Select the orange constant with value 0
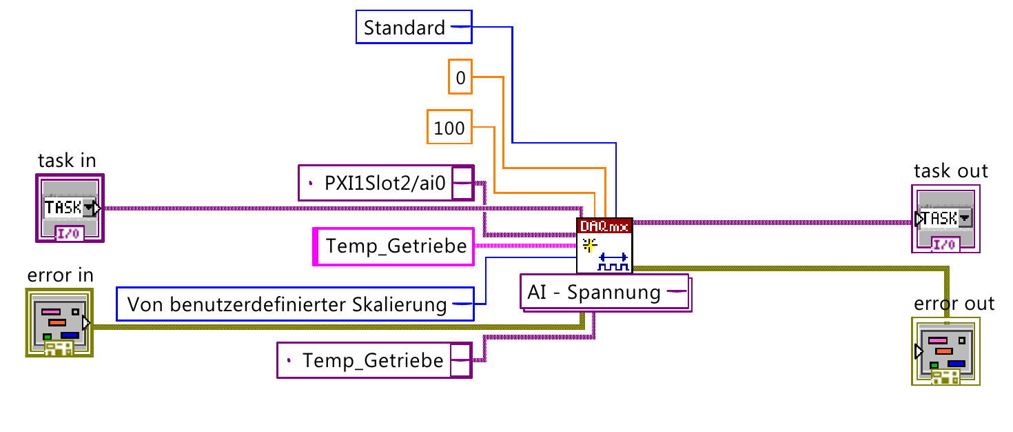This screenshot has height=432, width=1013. point(460,77)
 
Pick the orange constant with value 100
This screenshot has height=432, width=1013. point(449,127)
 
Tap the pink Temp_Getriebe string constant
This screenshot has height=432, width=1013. point(395,246)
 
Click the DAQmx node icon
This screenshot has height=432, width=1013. point(604,246)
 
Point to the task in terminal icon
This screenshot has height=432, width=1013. point(70,208)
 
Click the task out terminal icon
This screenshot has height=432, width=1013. point(945,219)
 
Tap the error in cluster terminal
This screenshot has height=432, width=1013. point(60,323)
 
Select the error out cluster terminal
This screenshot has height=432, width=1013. point(945,351)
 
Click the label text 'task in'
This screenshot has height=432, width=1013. point(67,161)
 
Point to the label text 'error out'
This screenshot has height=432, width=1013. point(954,304)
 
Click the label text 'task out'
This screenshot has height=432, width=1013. point(950,171)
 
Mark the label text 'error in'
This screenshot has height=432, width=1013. point(60,276)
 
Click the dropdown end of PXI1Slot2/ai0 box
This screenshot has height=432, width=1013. point(462,183)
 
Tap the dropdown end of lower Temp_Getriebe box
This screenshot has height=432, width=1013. point(461,360)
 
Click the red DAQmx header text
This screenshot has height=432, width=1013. point(604,225)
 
